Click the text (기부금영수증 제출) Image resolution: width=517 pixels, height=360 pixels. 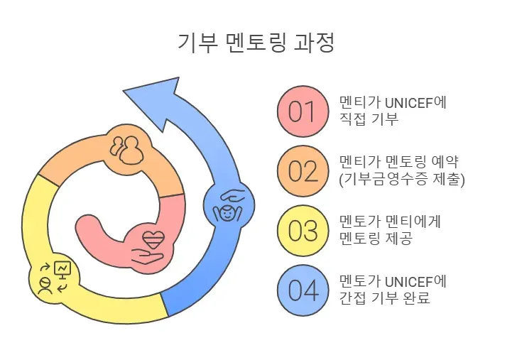[402, 180]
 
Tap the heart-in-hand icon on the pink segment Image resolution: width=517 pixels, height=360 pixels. [152, 244]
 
